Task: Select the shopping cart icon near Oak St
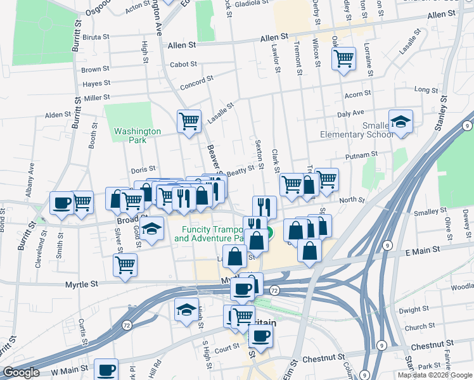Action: [343, 58]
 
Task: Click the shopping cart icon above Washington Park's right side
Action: [189, 120]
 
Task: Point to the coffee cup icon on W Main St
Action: [106, 369]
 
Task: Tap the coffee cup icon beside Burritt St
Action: [62, 203]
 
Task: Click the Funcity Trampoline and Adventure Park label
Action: [210, 234]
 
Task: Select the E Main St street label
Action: [423, 251]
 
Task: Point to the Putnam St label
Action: [361, 154]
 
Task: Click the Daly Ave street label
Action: [350, 113]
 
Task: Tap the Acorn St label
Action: [357, 94]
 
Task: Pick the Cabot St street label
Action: [184, 65]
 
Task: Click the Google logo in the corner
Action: [20, 372]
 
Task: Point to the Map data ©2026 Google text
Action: [435, 375]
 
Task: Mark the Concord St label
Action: [197, 80]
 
